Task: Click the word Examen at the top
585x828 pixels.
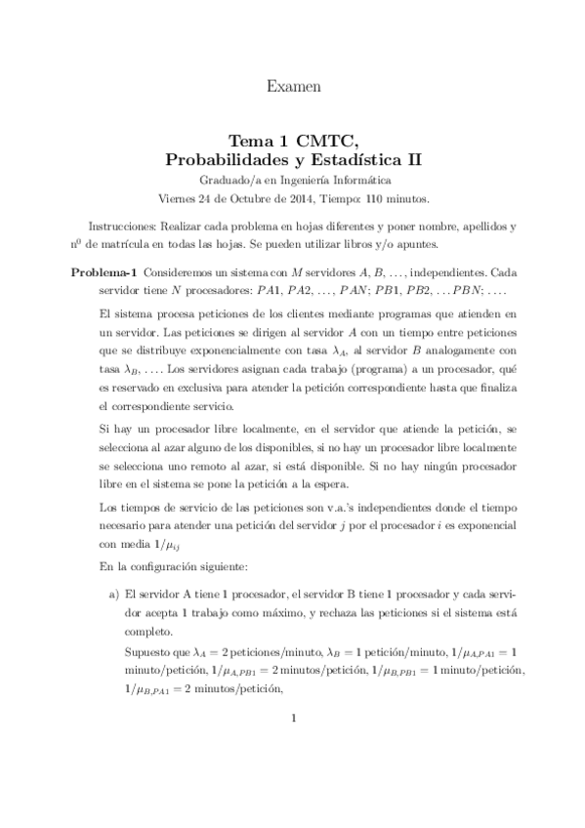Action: (x=293, y=87)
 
